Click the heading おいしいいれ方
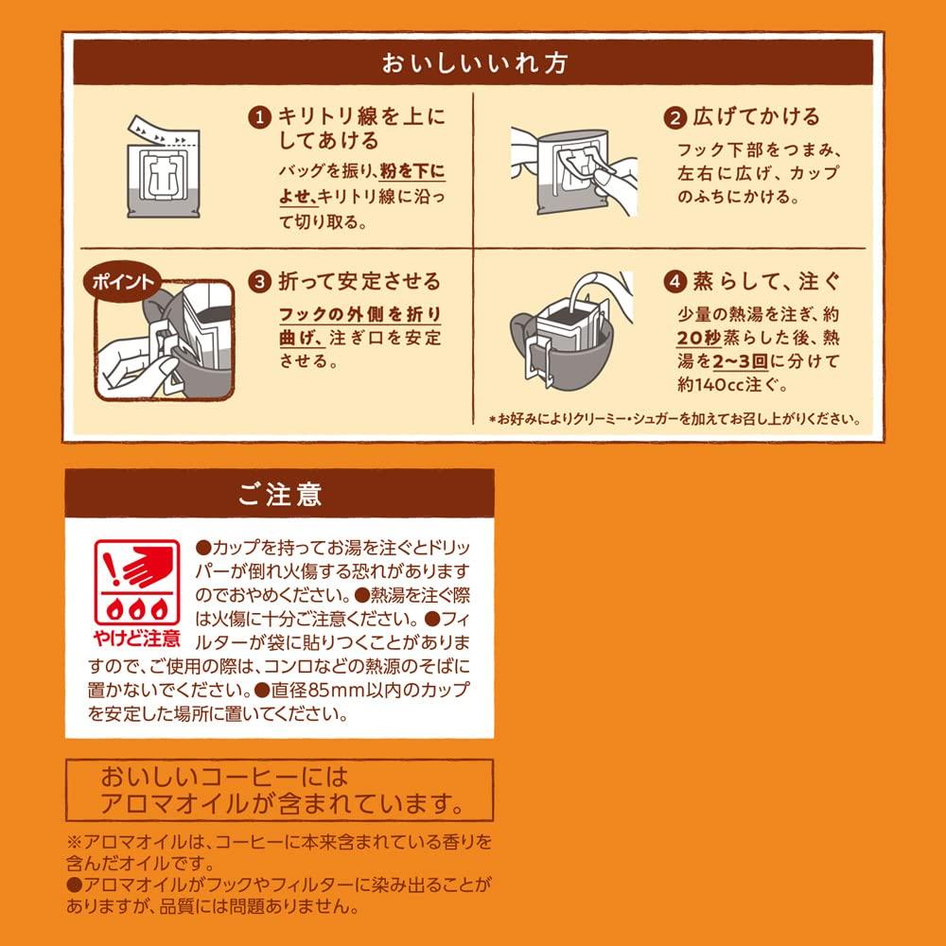pyautogui.click(x=473, y=65)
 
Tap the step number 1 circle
pyautogui.click(x=257, y=117)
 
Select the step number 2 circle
pyautogui.click(x=675, y=118)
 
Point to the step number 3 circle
pyautogui.click(x=257, y=282)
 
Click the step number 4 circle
pyautogui.click(x=675, y=282)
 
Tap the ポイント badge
pyautogui.click(x=119, y=281)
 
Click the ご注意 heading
pyautogui.click(x=279, y=495)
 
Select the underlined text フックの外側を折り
pyautogui.click(x=359, y=314)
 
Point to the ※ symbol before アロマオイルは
pyautogui.click(x=74, y=841)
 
